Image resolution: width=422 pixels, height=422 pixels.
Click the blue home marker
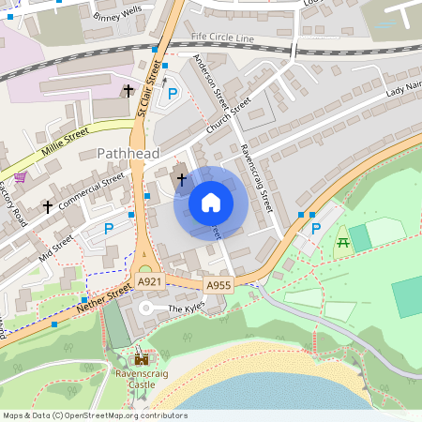click(x=211, y=203)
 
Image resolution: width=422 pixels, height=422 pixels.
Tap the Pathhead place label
click(x=128, y=153)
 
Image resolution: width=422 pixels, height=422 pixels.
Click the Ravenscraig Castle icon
click(x=142, y=359)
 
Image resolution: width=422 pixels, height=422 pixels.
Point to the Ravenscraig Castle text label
click(x=142, y=379)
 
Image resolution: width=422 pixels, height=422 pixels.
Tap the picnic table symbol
click(x=342, y=244)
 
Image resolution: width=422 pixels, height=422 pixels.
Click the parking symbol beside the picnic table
click(x=315, y=228)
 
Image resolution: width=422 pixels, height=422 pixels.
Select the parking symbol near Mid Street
click(x=108, y=228)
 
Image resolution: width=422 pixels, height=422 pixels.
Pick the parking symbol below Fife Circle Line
click(x=172, y=93)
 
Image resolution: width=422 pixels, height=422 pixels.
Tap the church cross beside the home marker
click(x=181, y=176)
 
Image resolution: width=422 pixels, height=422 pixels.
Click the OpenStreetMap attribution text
click(x=94, y=415)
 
